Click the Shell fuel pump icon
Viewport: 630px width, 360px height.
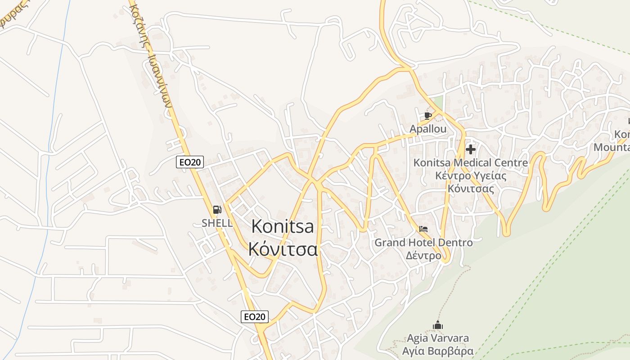217,210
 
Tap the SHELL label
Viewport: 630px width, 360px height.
217,223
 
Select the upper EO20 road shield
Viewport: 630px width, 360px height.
190,162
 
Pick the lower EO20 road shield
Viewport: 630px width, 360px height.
255,317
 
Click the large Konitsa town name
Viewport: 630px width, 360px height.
283,226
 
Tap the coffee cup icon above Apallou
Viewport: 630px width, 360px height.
428,116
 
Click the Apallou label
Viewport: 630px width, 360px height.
428,129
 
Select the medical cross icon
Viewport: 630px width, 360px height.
471,149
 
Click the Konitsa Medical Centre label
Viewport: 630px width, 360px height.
471,162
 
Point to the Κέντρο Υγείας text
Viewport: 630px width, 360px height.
471,175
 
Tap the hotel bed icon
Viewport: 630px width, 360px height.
423,229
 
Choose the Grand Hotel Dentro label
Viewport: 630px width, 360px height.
423,243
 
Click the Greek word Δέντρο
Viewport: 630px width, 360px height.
423,256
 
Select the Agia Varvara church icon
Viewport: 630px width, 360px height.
438,325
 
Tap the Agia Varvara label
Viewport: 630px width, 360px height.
438,338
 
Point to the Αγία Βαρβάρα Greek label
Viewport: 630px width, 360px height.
438,351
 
